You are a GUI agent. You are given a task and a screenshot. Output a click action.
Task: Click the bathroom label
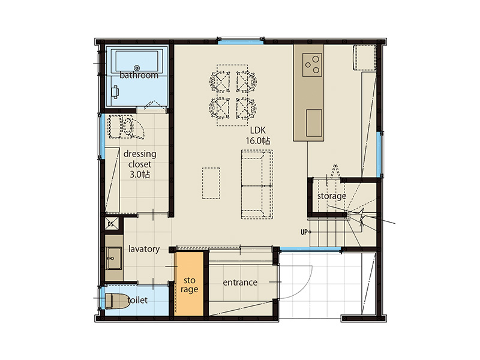point(139,75)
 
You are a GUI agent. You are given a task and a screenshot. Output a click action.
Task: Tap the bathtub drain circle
point(137,68)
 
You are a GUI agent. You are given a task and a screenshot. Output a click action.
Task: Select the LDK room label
point(258,130)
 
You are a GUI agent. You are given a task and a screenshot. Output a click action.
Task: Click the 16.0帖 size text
point(258,141)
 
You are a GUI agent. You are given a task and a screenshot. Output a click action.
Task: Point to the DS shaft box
point(111,224)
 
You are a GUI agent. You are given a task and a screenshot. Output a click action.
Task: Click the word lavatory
point(144,249)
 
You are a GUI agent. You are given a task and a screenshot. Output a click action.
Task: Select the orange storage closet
point(189,284)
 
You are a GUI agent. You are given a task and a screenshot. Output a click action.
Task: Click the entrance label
point(240,282)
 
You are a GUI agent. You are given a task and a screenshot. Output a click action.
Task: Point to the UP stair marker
point(304,232)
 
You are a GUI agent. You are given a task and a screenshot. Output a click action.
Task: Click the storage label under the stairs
point(332,196)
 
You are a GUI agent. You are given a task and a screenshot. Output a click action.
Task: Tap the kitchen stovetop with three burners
point(312,65)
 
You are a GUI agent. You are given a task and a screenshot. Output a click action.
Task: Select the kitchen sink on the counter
point(314,123)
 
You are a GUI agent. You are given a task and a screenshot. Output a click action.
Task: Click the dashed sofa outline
point(257,184)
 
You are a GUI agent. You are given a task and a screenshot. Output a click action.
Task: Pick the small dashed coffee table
point(211,183)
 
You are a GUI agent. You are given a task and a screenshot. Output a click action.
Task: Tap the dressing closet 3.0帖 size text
point(140,175)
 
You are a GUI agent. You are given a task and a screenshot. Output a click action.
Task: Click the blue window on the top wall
point(241,41)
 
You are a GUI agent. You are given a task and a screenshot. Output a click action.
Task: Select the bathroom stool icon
point(115,92)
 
